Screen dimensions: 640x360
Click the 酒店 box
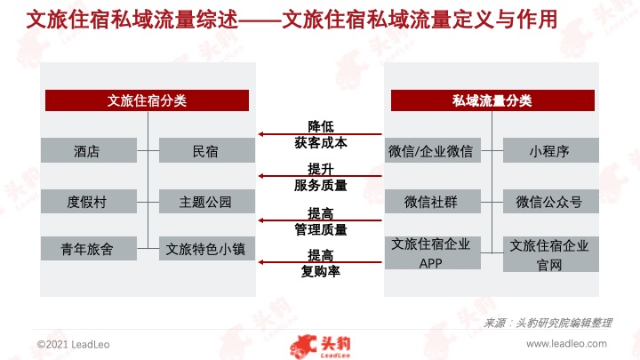(89, 150)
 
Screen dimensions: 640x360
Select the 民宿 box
(207, 150)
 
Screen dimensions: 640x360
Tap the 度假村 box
(89, 201)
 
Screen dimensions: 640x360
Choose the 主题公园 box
(207, 201)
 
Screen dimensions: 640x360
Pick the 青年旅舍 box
(89, 248)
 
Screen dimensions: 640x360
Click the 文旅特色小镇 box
(207, 248)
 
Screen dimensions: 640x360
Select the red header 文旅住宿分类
(147, 100)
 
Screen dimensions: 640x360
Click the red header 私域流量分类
(492, 100)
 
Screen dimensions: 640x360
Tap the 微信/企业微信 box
(433, 150)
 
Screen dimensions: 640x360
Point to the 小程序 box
(550, 150)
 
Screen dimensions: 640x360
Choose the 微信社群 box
(433, 201)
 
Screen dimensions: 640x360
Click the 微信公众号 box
(550, 201)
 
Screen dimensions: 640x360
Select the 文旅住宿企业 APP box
(433, 252)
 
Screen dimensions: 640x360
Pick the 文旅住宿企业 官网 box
(550, 254)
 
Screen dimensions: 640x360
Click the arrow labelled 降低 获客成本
(320, 134)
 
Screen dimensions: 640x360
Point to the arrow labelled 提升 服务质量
(320, 176)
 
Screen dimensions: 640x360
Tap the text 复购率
(321, 271)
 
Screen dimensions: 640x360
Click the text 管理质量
(321, 229)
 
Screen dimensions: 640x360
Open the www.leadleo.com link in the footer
(566, 344)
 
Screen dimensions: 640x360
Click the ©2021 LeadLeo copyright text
(74, 345)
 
